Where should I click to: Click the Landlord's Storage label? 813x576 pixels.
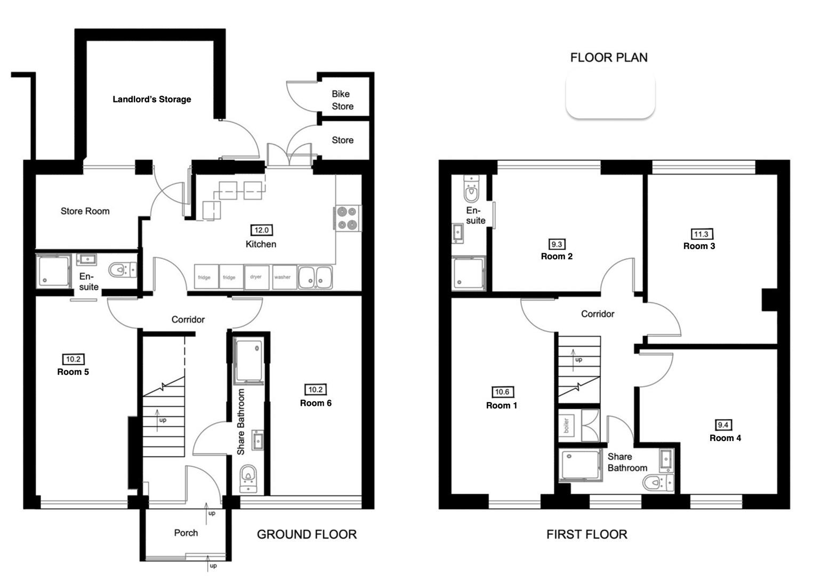tap(151, 99)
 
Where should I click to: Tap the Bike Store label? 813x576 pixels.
tap(342, 100)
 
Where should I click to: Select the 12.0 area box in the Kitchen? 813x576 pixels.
tap(261, 230)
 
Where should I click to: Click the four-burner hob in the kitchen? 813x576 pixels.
tap(348, 218)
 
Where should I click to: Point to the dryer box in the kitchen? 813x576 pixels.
tap(256, 277)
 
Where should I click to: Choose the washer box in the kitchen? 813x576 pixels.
tap(283, 277)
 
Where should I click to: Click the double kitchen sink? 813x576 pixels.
tap(315, 277)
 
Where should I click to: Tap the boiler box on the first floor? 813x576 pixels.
tap(567, 426)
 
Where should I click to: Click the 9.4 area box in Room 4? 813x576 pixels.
tap(723, 425)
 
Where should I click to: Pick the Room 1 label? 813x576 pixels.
tap(501, 405)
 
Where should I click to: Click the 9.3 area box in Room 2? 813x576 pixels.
tap(556, 244)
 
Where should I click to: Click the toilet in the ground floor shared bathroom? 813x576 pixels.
tap(248, 476)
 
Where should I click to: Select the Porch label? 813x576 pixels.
tap(186, 533)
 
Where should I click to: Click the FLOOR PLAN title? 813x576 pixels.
tap(609, 58)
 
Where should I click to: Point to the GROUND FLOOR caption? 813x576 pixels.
tap(307, 534)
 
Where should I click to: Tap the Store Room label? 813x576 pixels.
tap(85, 211)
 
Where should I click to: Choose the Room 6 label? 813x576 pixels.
tap(316, 403)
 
